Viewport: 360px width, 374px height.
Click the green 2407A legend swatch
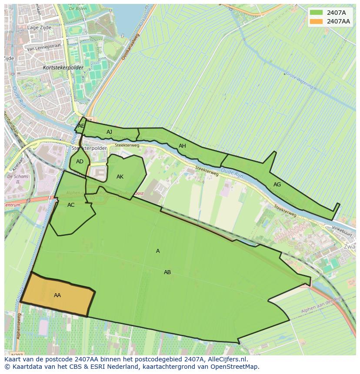click(316, 13)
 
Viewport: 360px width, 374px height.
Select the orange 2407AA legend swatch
click(316, 21)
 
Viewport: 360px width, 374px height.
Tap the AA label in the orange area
click(57, 295)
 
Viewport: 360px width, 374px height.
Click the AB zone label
click(167, 272)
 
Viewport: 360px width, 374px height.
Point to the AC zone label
click(71, 205)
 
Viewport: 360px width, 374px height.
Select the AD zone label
click(80, 162)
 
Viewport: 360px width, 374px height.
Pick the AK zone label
click(120, 177)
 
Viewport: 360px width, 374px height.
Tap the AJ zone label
click(109, 132)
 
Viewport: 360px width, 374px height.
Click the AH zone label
click(182, 146)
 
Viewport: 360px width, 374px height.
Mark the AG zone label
click(277, 185)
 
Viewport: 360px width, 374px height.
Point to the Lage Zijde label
click(39, 27)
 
